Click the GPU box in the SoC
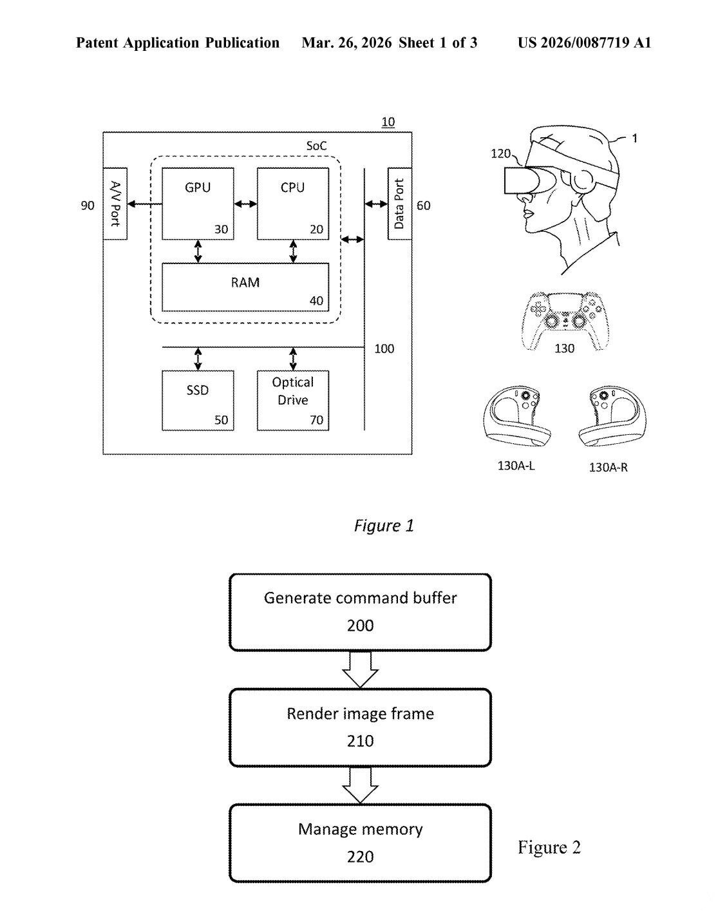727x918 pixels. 198,204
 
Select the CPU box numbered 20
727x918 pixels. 293,204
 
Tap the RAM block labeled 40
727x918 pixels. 245,287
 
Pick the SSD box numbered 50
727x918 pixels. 198,400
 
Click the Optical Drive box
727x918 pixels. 293,400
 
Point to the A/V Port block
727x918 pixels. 115,204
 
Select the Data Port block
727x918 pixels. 399,204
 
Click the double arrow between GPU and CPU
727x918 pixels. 245,204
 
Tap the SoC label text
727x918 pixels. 316,146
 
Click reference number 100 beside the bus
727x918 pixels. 384,349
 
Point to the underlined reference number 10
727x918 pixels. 388,122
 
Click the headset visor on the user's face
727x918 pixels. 518,180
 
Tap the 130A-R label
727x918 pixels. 608,467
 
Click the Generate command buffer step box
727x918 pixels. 361,612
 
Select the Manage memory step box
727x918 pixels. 361,843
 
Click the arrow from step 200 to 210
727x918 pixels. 361,669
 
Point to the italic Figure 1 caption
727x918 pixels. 384,526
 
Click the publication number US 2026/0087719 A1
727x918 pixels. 584,43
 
